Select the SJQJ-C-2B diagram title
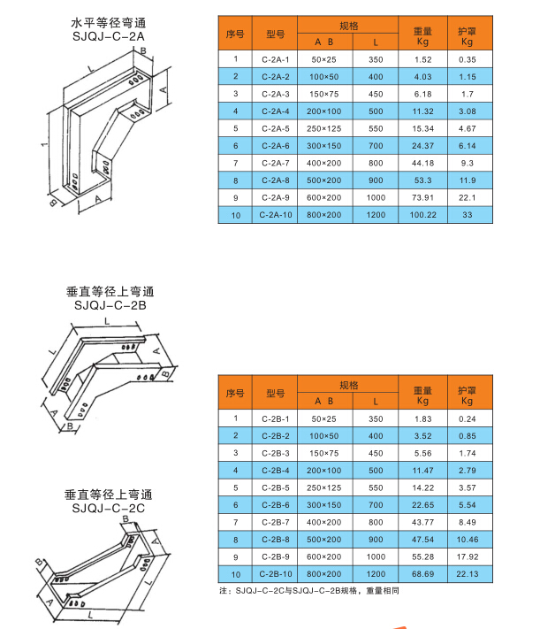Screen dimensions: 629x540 110,305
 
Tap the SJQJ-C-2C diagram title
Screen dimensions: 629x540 109,508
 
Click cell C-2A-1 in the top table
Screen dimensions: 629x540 275,59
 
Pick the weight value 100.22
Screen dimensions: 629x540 422,214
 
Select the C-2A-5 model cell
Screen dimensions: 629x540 275,128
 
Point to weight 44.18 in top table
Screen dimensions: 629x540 422,163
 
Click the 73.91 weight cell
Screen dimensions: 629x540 422,197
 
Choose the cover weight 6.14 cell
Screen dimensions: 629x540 468,145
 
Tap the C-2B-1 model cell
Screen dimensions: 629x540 275,418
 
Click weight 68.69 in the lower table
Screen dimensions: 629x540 422,573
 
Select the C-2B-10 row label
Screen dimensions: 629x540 275,573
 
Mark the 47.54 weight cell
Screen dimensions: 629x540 422,539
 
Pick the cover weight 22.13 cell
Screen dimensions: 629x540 468,573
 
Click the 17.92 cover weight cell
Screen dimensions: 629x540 468,556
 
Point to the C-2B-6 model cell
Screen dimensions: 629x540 275,504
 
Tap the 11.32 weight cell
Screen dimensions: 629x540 422,111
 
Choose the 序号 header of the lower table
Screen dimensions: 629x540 235,392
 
